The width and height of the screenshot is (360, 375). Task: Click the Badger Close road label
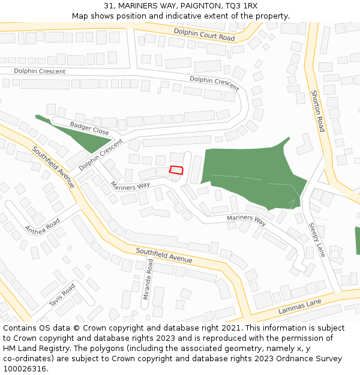point(89,128)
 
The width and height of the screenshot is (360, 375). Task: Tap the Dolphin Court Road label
point(204,34)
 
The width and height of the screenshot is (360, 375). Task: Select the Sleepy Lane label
point(316,239)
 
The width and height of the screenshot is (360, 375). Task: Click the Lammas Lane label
point(300,306)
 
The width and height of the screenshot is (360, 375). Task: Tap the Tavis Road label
point(62,295)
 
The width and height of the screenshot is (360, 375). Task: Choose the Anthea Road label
point(42,226)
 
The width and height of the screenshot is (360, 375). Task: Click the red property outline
point(176,170)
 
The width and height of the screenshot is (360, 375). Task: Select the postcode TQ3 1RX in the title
point(241,6)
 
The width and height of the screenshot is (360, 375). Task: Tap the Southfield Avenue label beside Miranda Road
point(164,255)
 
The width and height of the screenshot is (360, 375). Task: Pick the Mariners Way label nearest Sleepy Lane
point(246,220)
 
